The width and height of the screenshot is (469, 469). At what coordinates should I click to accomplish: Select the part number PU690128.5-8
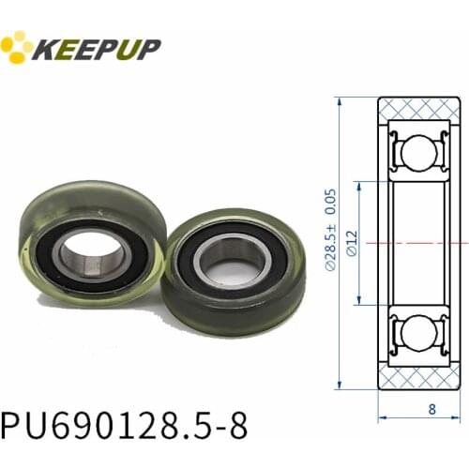(x=125, y=424)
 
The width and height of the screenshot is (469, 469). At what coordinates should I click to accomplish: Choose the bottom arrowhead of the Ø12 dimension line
(x=357, y=302)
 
